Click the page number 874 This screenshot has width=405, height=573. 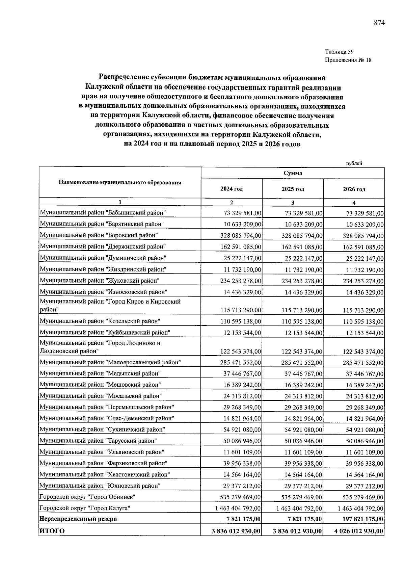379,23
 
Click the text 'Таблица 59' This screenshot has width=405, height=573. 339,52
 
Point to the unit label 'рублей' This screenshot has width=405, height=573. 354,163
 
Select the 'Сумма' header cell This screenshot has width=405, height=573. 293,173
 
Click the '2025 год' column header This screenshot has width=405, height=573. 293,189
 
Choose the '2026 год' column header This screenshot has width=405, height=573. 354,189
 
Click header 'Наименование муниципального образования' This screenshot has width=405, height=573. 120,183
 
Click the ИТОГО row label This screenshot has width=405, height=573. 52,531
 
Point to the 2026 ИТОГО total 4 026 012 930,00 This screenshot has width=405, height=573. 359,531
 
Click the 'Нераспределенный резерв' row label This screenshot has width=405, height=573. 78,519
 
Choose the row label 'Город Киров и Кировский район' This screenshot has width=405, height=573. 110,305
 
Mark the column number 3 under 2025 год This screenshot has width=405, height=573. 293,203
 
